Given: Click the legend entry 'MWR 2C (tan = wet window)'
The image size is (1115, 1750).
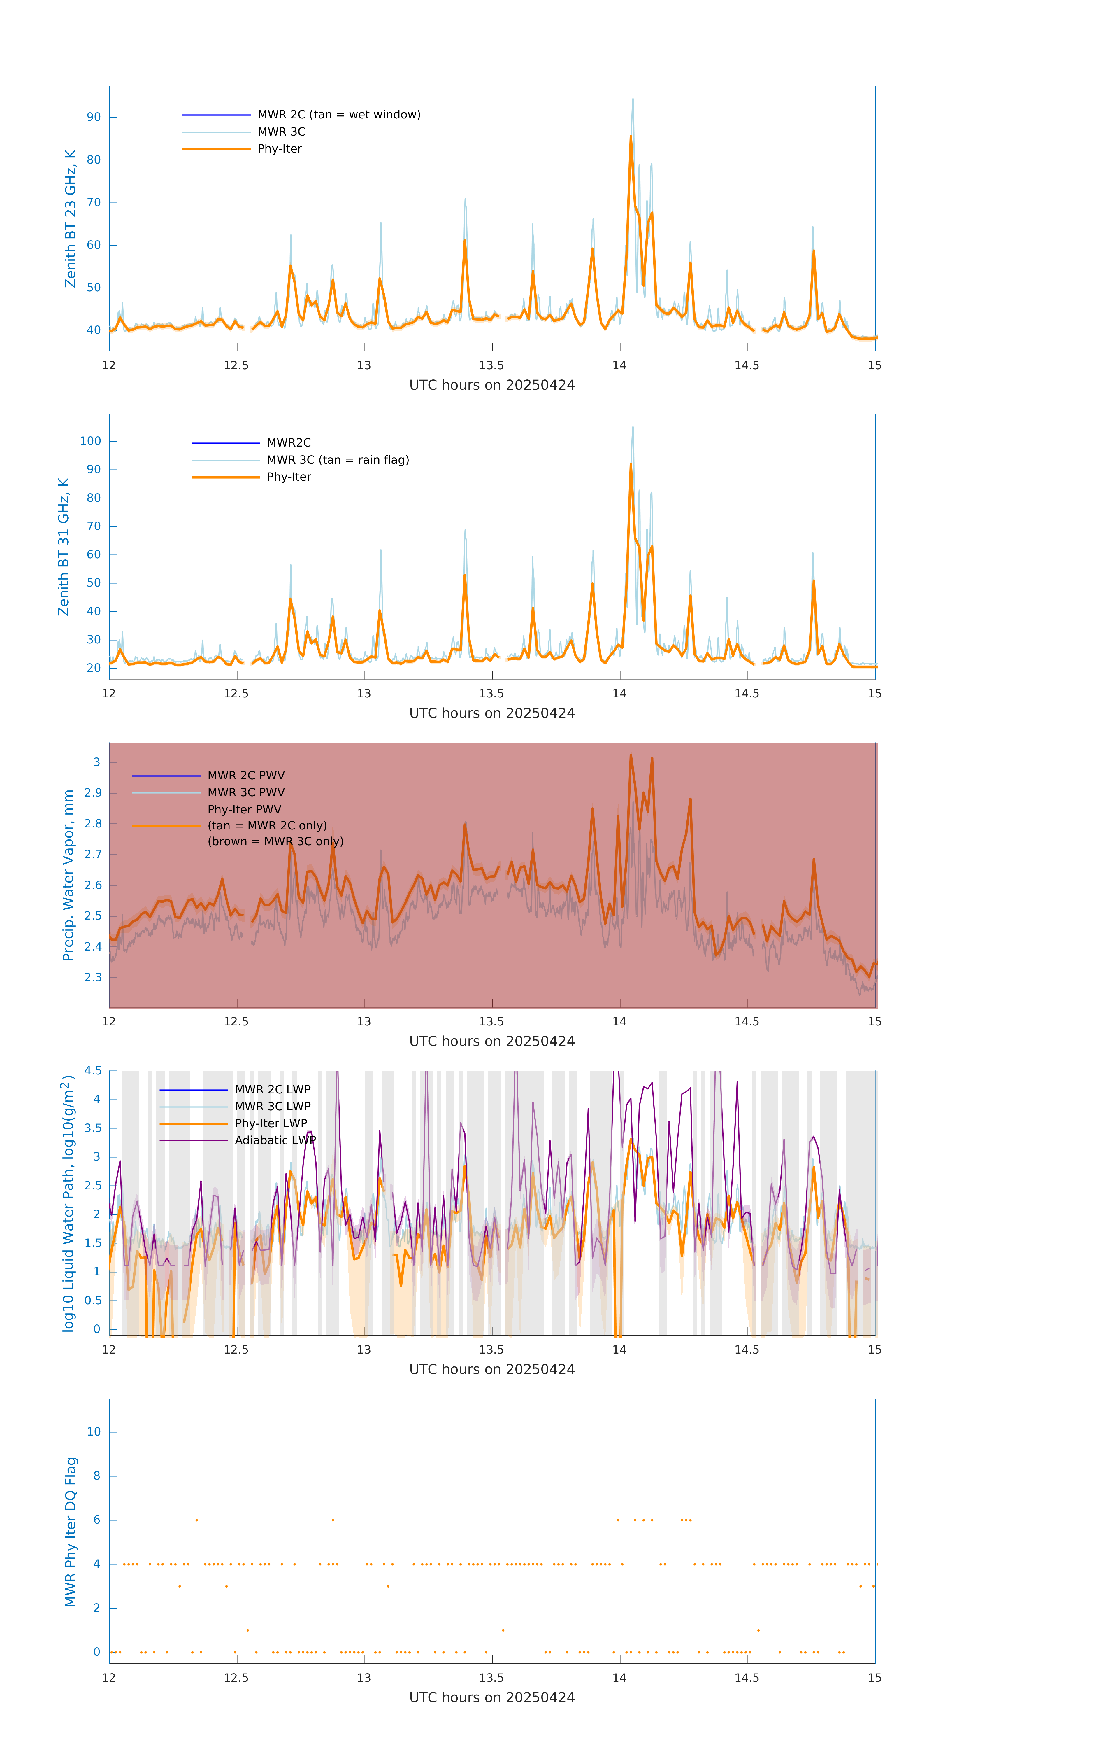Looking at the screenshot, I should [338, 115].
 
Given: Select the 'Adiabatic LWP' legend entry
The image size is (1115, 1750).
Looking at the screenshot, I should [275, 1140].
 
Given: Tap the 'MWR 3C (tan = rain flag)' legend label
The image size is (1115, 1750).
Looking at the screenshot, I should [338, 460].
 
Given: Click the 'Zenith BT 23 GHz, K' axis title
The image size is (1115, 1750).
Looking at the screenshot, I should [71, 219].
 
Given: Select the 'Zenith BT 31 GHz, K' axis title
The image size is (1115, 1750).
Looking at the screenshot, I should [64, 547].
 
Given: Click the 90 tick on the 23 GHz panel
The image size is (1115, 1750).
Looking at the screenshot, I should [94, 117].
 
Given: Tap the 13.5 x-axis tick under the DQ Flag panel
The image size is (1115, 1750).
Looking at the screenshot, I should [492, 1678].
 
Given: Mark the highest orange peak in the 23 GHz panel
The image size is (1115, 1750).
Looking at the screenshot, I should [631, 136].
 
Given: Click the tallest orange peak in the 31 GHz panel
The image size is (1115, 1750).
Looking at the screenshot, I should [631, 464].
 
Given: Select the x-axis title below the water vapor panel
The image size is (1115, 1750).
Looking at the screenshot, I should [492, 1042].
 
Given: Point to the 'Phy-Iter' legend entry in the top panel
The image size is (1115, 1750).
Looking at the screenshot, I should [280, 149].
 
